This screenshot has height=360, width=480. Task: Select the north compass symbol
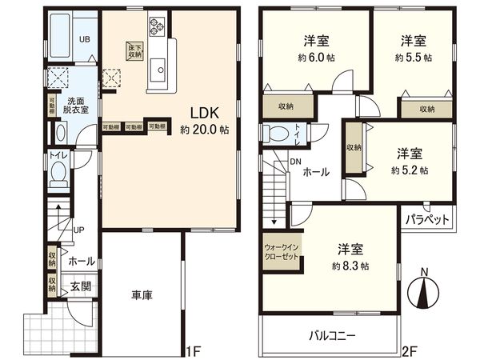[424, 292]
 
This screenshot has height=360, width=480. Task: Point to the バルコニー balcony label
[330, 335]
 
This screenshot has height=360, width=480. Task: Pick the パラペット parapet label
[426, 218]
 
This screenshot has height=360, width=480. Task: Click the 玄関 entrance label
[79, 286]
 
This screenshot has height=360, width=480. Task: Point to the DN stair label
[294, 162]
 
